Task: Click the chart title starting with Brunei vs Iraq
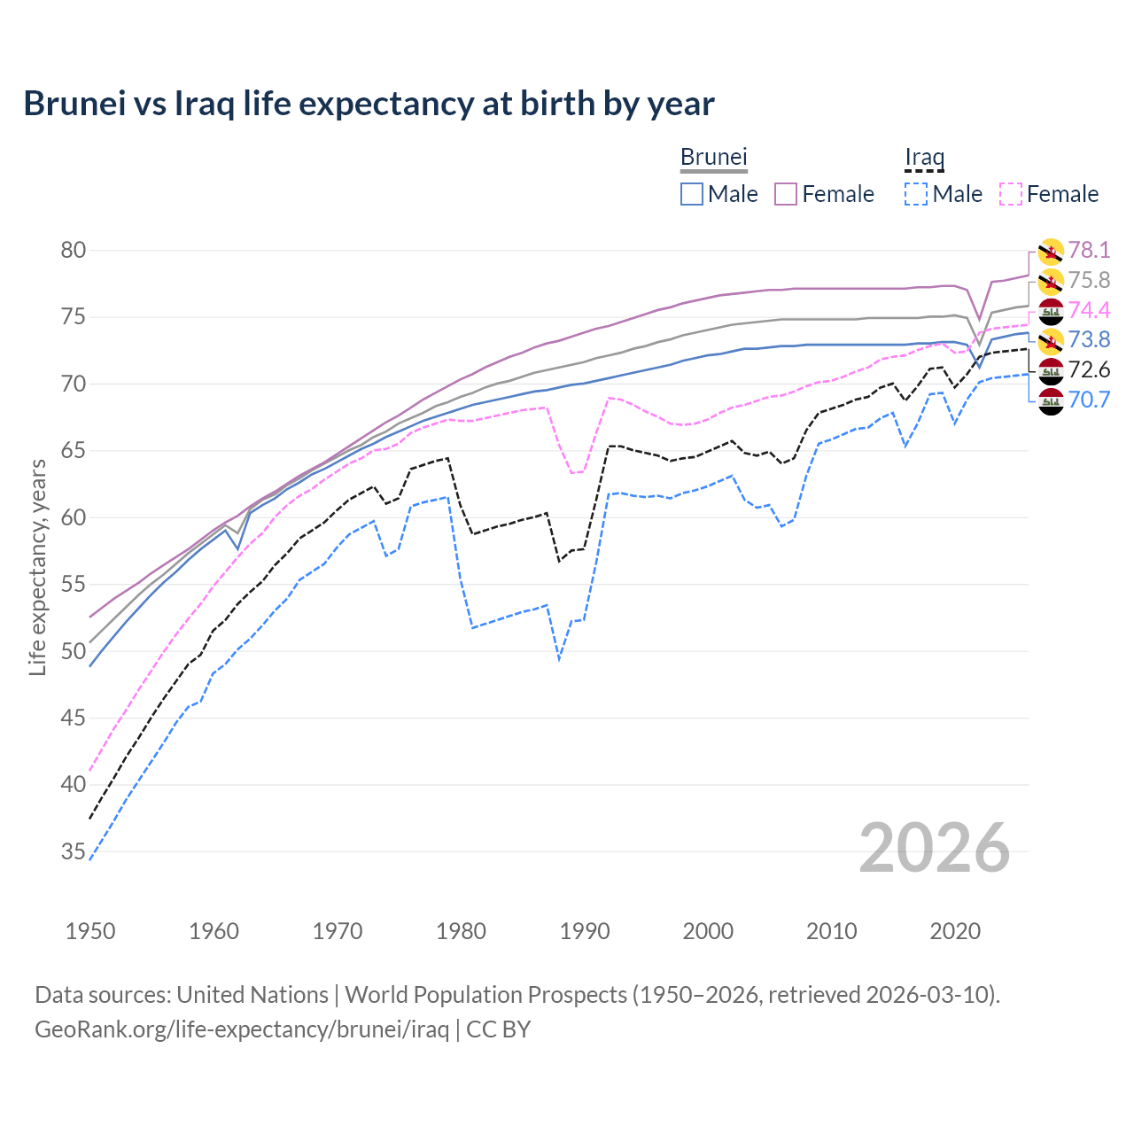click(369, 104)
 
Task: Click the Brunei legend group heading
click(714, 157)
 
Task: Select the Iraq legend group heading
click(924, 157)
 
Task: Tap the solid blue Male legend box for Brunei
click(692, 194)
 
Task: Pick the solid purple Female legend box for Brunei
click(787, 194)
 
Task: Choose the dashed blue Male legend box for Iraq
click(916, 194)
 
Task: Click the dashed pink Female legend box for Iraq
click(1011, 194)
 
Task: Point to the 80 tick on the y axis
click(74, 251)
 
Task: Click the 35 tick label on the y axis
click(74, 852)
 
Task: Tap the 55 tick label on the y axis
click(74, 585)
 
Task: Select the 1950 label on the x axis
click(90, 931)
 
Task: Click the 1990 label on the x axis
click(585, 931)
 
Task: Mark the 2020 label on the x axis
click(955, 931)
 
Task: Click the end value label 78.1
click(1089, 251)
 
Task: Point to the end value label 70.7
click(1089, 400)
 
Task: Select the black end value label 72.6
click(1089, 369)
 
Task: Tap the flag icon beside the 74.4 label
click(1051, 311)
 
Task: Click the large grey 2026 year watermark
click(934, 848)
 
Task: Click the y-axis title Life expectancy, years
click(37, 567)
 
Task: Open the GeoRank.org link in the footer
click(241, 1029)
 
